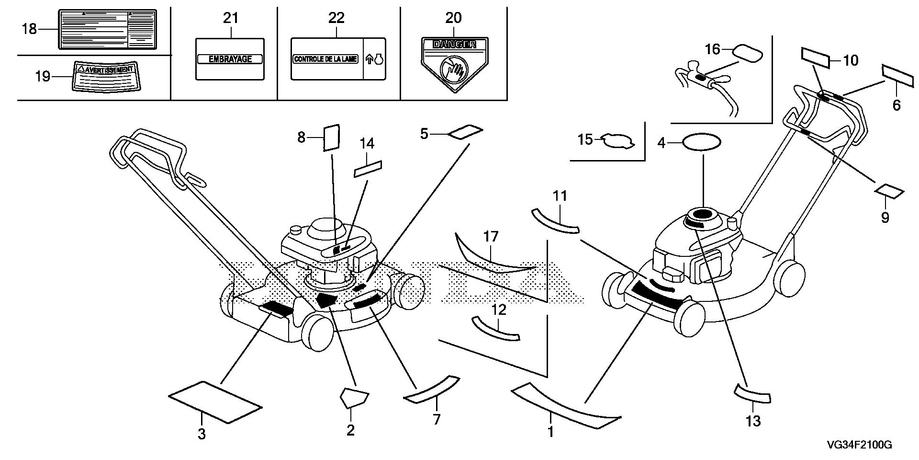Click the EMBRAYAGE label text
click(x=230, y=59)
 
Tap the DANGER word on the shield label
click(x=454, y=45)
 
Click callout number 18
click(x=29, y=29)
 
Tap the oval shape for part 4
click(x=702, y=142)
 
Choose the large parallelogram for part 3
click(x=215, y=402)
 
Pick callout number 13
click(x=753, y=421)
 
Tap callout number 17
click(x=491, y=237)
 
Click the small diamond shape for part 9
click(x=889, y=193)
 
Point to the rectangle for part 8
click(x=331, y=138)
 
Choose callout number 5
click(x=425, y=134)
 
